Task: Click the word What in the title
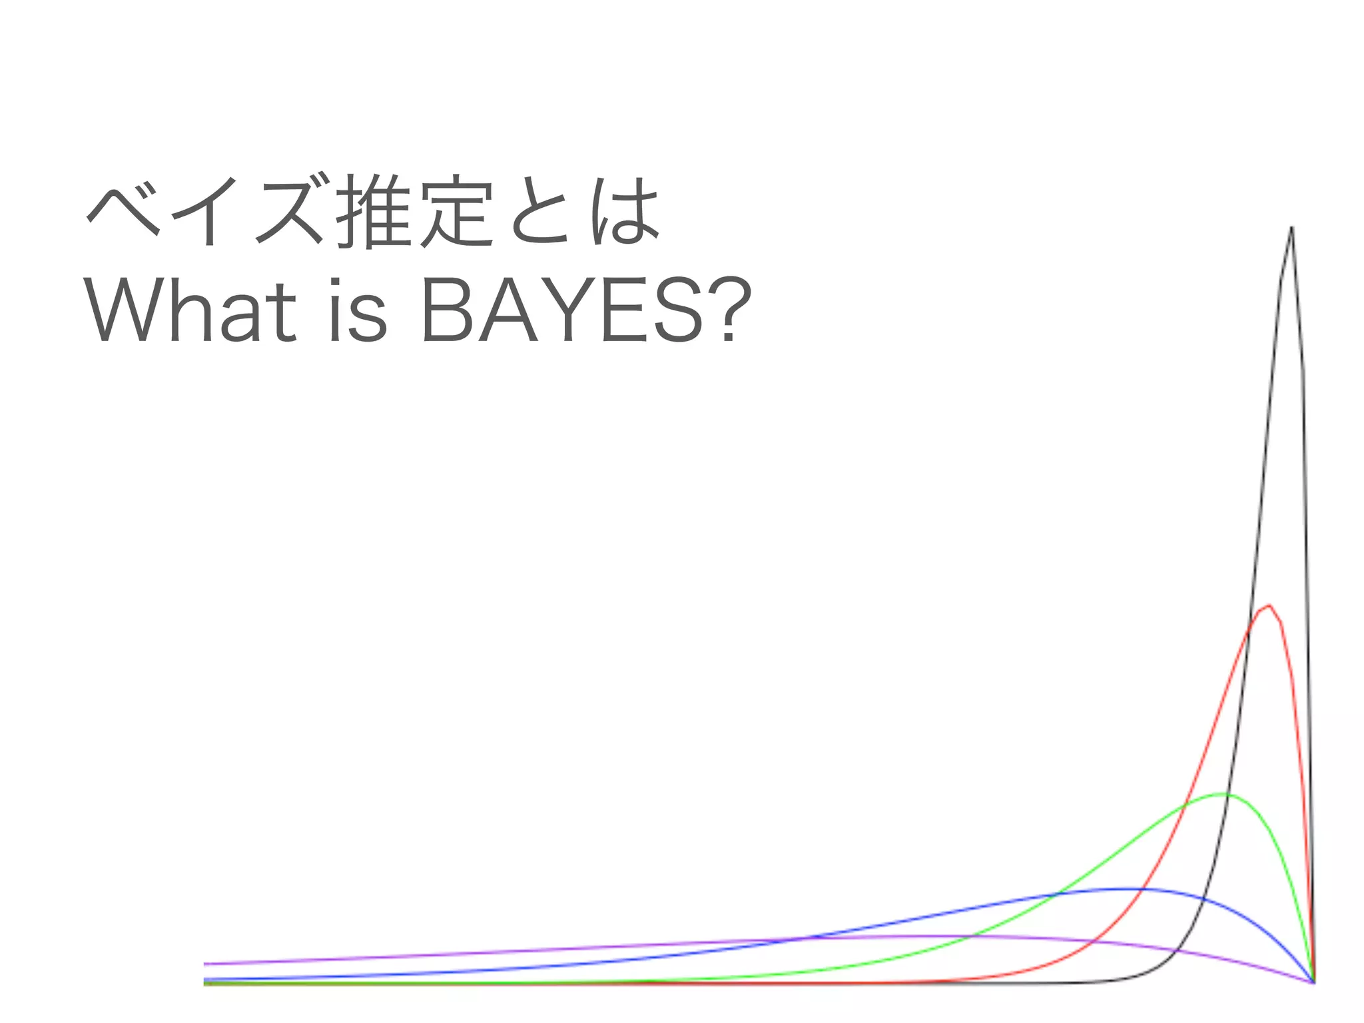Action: (x=189, y=310)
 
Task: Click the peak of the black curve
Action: (x=1291, y=228)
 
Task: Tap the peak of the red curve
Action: (x=1269, y=605)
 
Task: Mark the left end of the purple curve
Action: (x=205, y=964)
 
